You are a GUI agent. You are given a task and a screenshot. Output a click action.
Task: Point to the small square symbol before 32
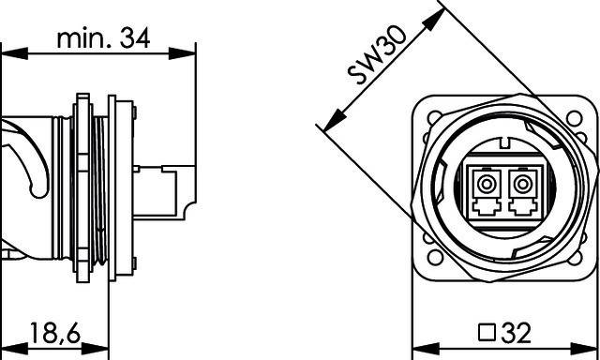tap(487, 332)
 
